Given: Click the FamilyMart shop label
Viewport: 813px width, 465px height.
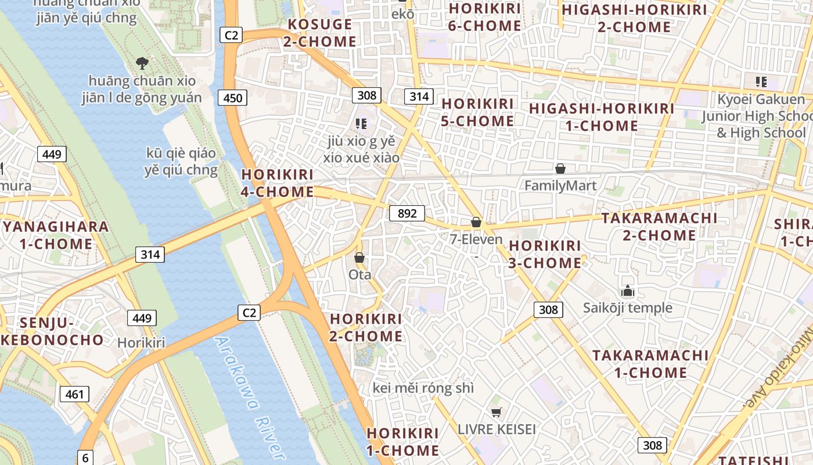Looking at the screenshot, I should point(560,186).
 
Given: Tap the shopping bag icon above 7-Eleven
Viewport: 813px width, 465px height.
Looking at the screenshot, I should point(476,222).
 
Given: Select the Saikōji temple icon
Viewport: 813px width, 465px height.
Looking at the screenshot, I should point(627,291).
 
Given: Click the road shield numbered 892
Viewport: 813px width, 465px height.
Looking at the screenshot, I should point(407,213).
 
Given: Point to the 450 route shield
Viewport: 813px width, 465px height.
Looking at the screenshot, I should point(232,98).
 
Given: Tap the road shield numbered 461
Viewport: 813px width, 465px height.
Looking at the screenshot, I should point(74,394).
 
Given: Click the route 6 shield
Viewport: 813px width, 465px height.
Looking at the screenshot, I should point(85,457).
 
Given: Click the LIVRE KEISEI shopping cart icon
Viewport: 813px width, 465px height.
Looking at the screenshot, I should point(496,413).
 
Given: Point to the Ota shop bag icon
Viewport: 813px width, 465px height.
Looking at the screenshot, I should point(359,257).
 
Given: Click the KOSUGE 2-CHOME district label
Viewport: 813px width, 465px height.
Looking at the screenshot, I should point(320,33).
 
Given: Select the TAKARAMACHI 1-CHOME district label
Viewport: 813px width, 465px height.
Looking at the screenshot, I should point(650,364).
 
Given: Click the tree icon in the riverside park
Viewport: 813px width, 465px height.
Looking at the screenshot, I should point(142,63).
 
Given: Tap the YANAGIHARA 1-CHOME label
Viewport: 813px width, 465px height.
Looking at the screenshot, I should point(56,235).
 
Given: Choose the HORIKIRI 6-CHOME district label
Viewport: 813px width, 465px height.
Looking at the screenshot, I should point(485,17).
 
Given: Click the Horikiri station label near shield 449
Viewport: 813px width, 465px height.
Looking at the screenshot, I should point(141,343).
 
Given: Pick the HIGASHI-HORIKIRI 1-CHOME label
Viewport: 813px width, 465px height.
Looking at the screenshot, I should point(602,117).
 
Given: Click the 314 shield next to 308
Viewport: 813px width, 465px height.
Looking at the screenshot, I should point(419,96).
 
